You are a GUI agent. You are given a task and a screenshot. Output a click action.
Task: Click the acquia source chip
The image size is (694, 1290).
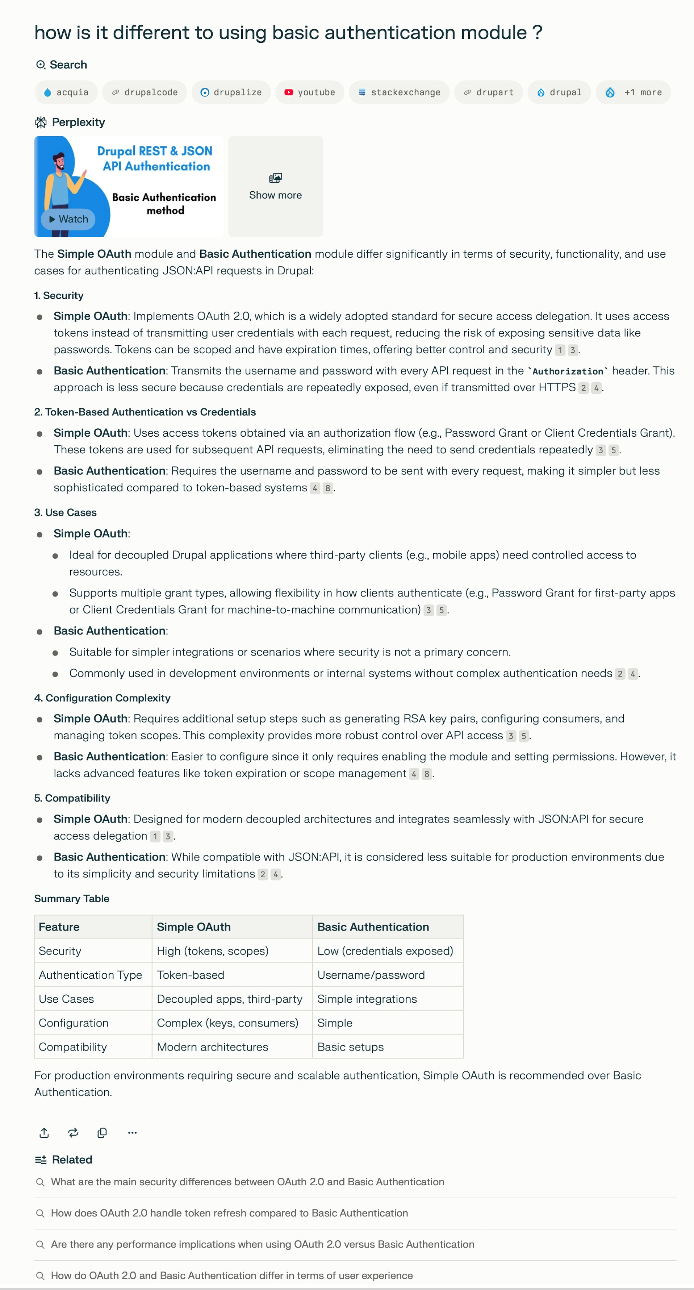(66, 92)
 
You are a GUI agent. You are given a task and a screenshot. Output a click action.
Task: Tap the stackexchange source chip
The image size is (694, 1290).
(399, 92)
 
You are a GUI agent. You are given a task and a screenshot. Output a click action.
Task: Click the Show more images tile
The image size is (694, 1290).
(275, 186)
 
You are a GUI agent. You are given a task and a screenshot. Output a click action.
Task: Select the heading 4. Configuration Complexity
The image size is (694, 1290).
(102, 698)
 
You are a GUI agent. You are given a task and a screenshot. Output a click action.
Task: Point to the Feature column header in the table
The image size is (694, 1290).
(59, 927)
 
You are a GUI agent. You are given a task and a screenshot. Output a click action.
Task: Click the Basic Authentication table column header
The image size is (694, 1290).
(373, 927)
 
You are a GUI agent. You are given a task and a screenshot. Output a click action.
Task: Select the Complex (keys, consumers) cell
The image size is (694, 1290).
(227, 1023)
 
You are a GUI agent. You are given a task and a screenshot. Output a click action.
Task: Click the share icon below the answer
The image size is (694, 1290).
(44, 1132)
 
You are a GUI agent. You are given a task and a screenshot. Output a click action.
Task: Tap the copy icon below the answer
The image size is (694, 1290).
(102, 1132)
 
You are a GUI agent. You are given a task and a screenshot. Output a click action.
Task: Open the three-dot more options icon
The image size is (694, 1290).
(132, 1132)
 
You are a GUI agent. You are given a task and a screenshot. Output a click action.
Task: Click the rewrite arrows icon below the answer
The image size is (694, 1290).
(73, 1132)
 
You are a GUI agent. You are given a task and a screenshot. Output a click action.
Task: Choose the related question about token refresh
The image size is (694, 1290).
(229, 1213)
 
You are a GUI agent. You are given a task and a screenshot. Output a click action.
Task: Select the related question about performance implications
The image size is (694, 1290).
(262, 1244)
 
